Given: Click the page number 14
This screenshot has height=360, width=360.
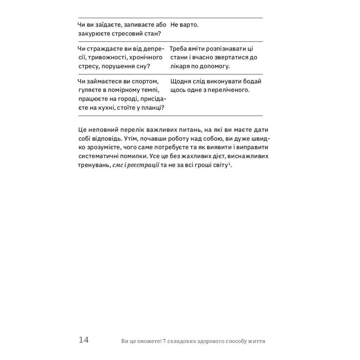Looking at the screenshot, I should coord(84,340).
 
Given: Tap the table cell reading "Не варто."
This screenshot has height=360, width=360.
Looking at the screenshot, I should coord(184,25).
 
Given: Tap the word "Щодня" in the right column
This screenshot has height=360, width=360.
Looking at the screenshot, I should coord(180,81).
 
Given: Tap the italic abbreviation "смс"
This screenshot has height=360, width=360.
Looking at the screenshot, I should coord(117,165).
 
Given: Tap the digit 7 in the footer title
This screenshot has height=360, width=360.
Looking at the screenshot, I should coord(159,341).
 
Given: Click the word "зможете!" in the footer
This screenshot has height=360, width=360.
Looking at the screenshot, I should coord(144,341).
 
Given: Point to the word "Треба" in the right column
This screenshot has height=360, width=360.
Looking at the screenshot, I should coord(178,49).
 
